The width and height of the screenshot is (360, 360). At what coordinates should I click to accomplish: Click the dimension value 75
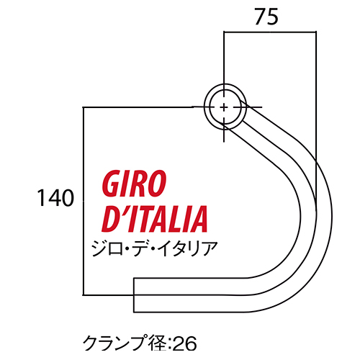coord(266,17)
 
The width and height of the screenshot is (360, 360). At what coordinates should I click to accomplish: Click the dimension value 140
coord(55,198)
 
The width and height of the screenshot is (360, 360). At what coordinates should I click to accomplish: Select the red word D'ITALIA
coord(154,219)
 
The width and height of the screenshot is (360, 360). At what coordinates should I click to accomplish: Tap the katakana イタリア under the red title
coord(188,248)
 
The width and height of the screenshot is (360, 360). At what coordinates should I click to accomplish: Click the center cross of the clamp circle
coord(224,107)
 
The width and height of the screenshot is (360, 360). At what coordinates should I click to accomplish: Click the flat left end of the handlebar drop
coord(134,295)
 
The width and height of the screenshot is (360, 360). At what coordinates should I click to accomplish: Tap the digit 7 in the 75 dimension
coord(261,17)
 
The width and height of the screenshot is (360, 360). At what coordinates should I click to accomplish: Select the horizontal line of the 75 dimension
coord(270,32)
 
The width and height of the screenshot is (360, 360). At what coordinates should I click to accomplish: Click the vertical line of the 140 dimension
coord(84,201)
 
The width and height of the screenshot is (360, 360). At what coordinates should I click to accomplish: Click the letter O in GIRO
coord(156,183)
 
